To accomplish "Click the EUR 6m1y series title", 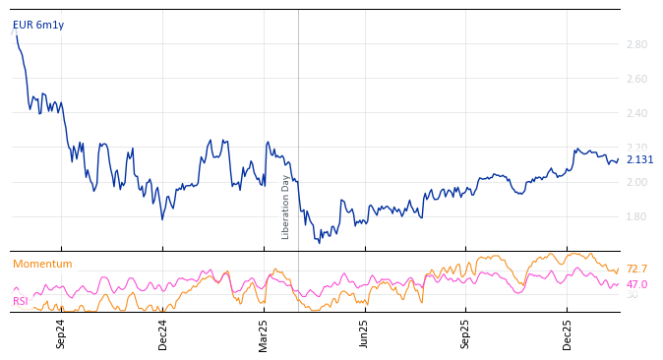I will coord(38,26).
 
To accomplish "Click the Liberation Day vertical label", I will coord(286,207).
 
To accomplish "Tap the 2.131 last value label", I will coord(639,160).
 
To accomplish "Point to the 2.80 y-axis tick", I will coord(635,44).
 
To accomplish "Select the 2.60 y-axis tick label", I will coord(635,79).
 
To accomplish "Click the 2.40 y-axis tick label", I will coord(635,113).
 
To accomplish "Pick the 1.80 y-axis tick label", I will coord(635,216).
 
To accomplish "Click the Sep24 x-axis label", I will coord(61,333).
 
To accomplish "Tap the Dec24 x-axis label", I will coord(163,333).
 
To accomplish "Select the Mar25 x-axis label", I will coord(264,333).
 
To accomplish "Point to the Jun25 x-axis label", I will coord(365,333).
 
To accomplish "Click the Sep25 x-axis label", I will coord(466,333).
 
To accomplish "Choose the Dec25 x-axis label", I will coord(568,333).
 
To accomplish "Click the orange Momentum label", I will coord(42,265).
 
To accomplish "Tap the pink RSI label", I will coord(21,301).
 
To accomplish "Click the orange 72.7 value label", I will coord(636,269).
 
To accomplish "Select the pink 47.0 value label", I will coord(636,284).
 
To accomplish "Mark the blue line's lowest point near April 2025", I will coord(319,242).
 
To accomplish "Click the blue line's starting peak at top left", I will coord(16,32).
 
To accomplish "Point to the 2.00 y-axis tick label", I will coord(635,182).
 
